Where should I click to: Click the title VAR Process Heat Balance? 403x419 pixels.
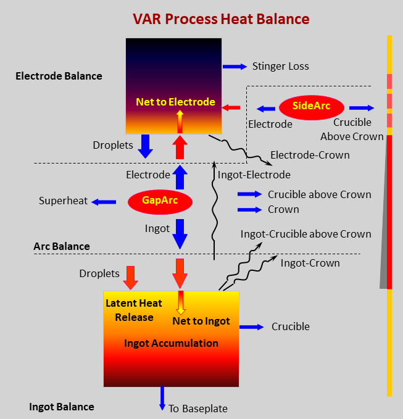pyautogui.click(x=221, y=19)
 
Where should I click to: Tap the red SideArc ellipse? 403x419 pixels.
pyautogui.click(x=312, y=106)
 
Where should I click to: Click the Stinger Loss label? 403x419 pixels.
pyautogui.click(x=280, y=66)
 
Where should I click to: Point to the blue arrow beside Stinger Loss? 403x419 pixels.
pyautogui.click(x=235, y=66)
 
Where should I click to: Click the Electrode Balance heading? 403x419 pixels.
pyautogui.click(x=59, y=76)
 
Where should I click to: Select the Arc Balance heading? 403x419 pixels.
pyautogui.click(x=61, y=246)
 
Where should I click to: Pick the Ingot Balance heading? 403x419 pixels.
pyautogui.click(x=62, y=407)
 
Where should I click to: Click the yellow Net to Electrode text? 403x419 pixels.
pyautogui.click(x=177, y=102)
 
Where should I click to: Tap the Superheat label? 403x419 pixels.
pyautogui.click(x=63, y=201)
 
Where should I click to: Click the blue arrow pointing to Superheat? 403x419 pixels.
pyautogui.click(x=104, y=201)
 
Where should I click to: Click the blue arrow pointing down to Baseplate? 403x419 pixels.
pyautogui.click(x=163, y=399)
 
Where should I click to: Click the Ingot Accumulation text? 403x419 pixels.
pyautogui.click(x=171, y=343)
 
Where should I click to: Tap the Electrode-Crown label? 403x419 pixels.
pyautogui.click(x=310, y=155)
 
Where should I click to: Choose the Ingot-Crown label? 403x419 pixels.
pyautogui.click(x=310, y=263)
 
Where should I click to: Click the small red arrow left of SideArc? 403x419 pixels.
pyautogui.click(x=231, y=108)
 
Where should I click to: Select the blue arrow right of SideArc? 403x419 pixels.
pyautogui.click(x=362, y=107)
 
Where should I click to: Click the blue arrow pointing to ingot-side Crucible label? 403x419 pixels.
pyautogui.click(x=251, y=327)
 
